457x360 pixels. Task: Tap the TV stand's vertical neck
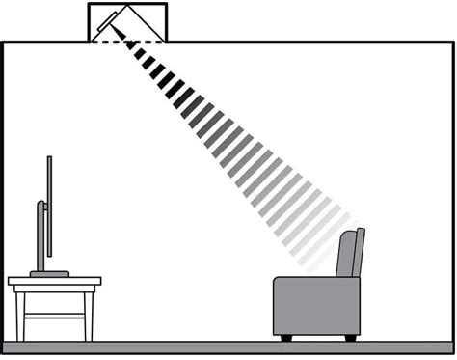tap(40, 236)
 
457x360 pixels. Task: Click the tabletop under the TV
tap(54, 283)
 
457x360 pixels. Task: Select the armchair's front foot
tap(285, 337)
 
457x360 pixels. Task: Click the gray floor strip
tap(228, 346)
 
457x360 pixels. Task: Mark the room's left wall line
tap(3, 193)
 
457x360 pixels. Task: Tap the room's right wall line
tap(452, 193)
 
